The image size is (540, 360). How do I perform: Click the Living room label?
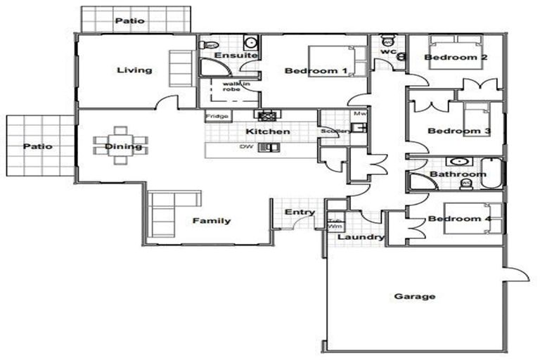[134, 70]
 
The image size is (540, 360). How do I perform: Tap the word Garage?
[415, 296]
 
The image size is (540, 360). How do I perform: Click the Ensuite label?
[230, 55]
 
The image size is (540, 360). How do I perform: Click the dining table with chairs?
[121, 145]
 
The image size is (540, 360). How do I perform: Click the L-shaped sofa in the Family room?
[166, 209]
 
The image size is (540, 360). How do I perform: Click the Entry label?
[299, 212]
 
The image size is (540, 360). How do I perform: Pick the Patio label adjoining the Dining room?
[37, 146]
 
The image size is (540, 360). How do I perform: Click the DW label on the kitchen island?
[246, 147]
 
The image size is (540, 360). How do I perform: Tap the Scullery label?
[331, 131]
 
